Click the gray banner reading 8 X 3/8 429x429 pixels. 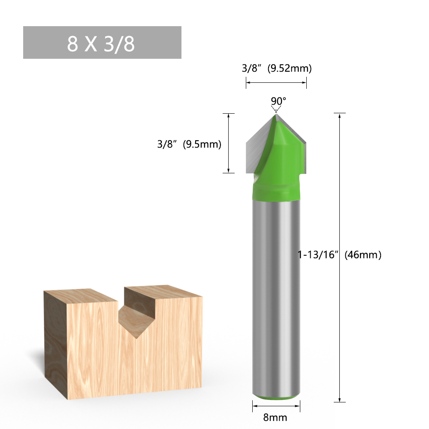click(x=102, y=42)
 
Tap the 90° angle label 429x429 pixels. click(x=278, y=101)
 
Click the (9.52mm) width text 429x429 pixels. click(x=289, y=68)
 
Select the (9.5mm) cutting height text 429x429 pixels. click(x=202, y=145)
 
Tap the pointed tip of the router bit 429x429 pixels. click(x=276, y=114)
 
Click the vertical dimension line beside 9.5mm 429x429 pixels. click(x=229, y=143)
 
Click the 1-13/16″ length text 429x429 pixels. click(x=319, y=255)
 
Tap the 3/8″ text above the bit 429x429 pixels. click(x=252, y=68)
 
